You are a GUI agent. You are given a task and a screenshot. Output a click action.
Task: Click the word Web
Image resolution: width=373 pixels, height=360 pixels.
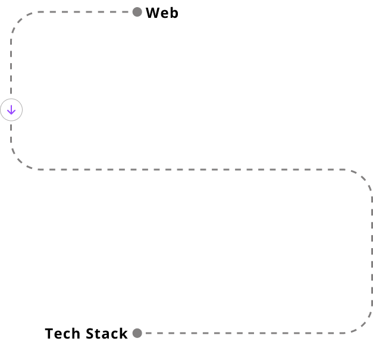coord(161,12)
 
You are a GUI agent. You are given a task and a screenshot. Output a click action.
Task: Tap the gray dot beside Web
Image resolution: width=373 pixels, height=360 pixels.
coord(137,12)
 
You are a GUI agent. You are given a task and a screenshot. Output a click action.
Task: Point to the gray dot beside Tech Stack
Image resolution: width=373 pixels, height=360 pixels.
coord(137,333)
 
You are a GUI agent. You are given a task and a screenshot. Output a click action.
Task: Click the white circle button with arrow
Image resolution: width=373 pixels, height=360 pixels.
coord(11,110)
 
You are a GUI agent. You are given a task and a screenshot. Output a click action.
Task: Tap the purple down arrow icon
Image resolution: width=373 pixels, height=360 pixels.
coord(11,110)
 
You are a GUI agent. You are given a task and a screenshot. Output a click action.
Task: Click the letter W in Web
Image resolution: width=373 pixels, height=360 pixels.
coord(152,12)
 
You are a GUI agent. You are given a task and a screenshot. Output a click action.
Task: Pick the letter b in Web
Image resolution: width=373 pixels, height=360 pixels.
coord(173,12)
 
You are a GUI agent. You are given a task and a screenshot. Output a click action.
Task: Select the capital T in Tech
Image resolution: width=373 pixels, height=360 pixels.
coord(49,333)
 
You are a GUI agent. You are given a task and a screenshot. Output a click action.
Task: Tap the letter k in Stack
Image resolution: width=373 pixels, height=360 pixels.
coord(123,333)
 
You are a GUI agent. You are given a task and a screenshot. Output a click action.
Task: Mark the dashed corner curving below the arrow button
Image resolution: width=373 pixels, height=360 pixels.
coord(18,162)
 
